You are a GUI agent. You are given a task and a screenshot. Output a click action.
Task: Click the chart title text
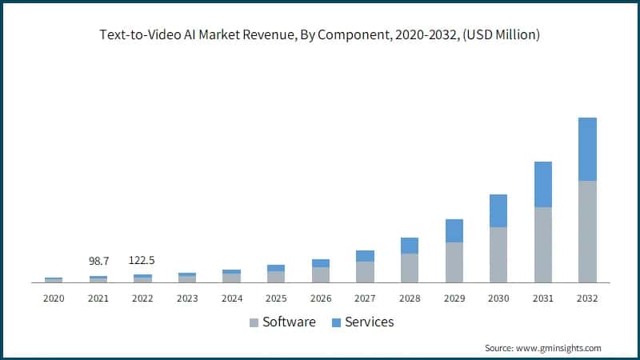320,34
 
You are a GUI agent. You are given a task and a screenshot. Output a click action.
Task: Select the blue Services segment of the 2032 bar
587,149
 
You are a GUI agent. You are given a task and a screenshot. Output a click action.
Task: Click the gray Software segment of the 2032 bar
587,231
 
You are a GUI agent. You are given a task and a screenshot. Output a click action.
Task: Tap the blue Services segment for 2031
543,184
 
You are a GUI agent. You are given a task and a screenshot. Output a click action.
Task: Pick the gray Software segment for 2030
498,254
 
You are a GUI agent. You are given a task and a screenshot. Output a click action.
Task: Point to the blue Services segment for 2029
454,230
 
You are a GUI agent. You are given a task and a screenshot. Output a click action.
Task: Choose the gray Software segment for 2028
410,268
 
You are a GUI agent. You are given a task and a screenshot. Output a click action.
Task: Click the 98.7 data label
98,262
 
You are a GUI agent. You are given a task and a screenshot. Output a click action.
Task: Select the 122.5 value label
143,262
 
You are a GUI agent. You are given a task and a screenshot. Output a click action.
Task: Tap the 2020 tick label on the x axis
54,298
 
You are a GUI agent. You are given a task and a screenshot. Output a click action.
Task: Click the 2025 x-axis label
276,298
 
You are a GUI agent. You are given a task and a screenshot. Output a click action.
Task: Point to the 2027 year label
365,298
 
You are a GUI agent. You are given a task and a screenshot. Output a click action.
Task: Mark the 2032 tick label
587,298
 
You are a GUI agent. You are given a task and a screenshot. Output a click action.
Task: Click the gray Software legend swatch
254,322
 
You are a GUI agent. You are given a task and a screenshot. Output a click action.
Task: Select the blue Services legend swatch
336,322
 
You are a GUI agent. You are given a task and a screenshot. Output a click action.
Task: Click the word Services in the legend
370,322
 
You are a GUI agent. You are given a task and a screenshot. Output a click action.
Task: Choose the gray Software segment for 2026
321,274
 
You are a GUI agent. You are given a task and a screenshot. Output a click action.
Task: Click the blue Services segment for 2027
365,256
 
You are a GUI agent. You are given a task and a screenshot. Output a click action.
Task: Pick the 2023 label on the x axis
187,298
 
